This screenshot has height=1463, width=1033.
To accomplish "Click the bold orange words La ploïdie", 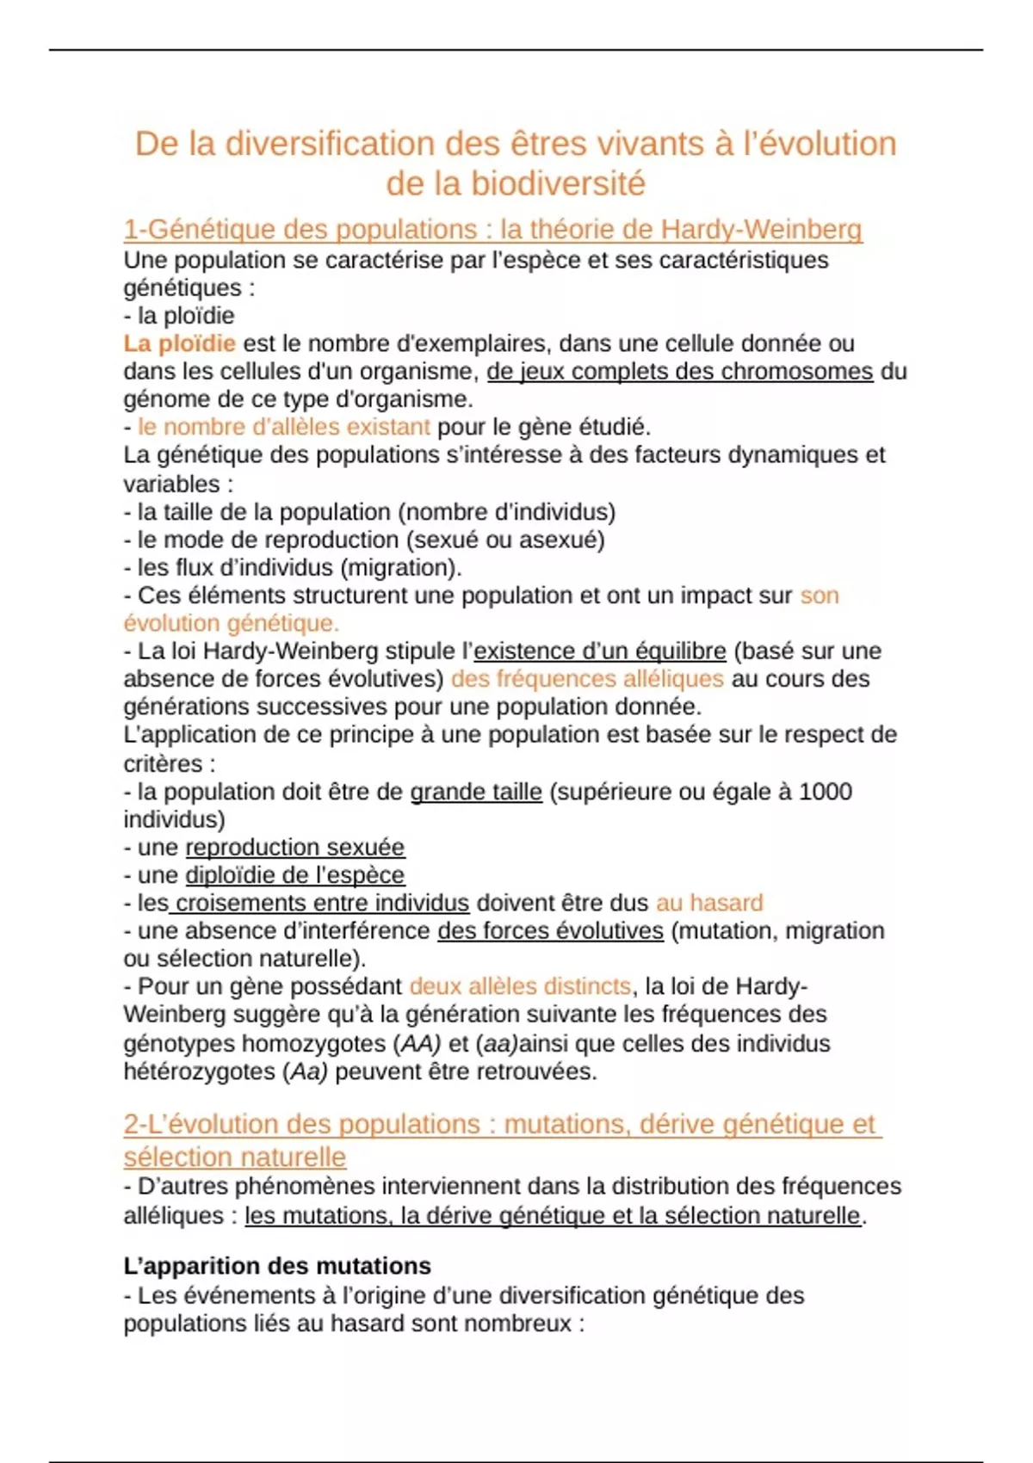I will pyautogui.click(x=179, y=343).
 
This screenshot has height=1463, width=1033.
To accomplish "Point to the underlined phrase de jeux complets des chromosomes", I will pyautogui.click(x=679, y=371).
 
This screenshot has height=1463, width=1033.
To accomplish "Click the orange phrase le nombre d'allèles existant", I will pyautogui.click(x=283, y=427).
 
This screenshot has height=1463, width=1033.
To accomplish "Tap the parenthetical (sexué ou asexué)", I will pyautogui.click(x=505, y=540).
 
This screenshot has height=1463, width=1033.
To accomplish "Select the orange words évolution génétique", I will pyautogui.click(x=231, y=623).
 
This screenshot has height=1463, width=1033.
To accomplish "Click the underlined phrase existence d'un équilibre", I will pyautogui.click(x=599, y=651).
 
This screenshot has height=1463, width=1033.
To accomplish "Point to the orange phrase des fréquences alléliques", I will pyautogui.click(x=587, y=679).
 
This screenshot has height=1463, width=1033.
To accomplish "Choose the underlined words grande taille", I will pyautogui.click(x=476, y=792).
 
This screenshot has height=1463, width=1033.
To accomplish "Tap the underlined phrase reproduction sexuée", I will pyautogui.click(x=295, y=847).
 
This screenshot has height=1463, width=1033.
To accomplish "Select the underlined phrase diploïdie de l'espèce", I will pyautogui.click(x=295, y=875).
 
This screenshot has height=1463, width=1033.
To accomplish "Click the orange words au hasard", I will pyautogui.click(x=709, y=903).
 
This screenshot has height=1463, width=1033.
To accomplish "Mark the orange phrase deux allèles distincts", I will pyautogui.click(x=520, y=986).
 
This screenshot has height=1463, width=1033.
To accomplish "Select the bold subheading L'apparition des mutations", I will pyautogui.click(x=277, y=1266).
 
